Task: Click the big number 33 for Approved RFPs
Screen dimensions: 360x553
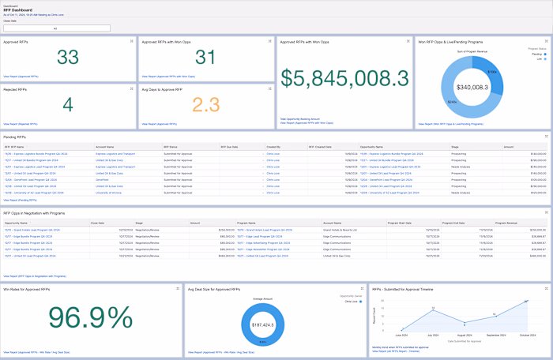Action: point(68,57)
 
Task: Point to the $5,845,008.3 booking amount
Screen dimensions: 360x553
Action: point(344,79)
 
